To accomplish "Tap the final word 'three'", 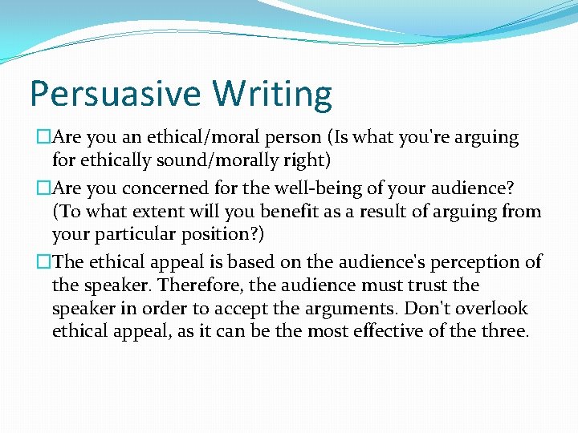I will tap(502, 331).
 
